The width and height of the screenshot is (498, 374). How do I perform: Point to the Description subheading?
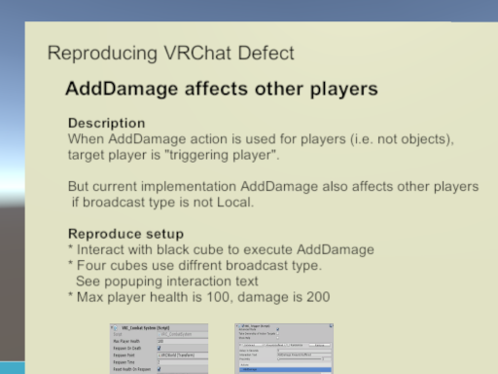[107, 124]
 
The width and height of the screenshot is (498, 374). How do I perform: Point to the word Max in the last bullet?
[90, 295]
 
